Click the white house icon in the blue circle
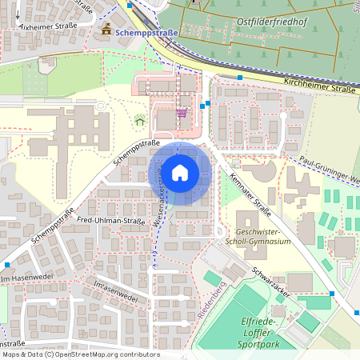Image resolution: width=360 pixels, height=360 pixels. pyautogui.click(x=180, y=172)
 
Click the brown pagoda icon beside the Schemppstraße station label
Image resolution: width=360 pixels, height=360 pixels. pyautogui.click(x=107, y=30)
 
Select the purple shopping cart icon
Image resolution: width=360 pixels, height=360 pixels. pyautogui.click(x=182, y=113)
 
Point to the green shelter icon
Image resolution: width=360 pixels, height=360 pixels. pyautogui.click(x=140, y=122)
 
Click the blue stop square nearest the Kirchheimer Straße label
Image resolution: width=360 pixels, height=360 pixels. pyautogui.click(x=240, y=78)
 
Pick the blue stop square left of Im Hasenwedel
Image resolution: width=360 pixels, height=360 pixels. pyautogui.click(x=8, y=265)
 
